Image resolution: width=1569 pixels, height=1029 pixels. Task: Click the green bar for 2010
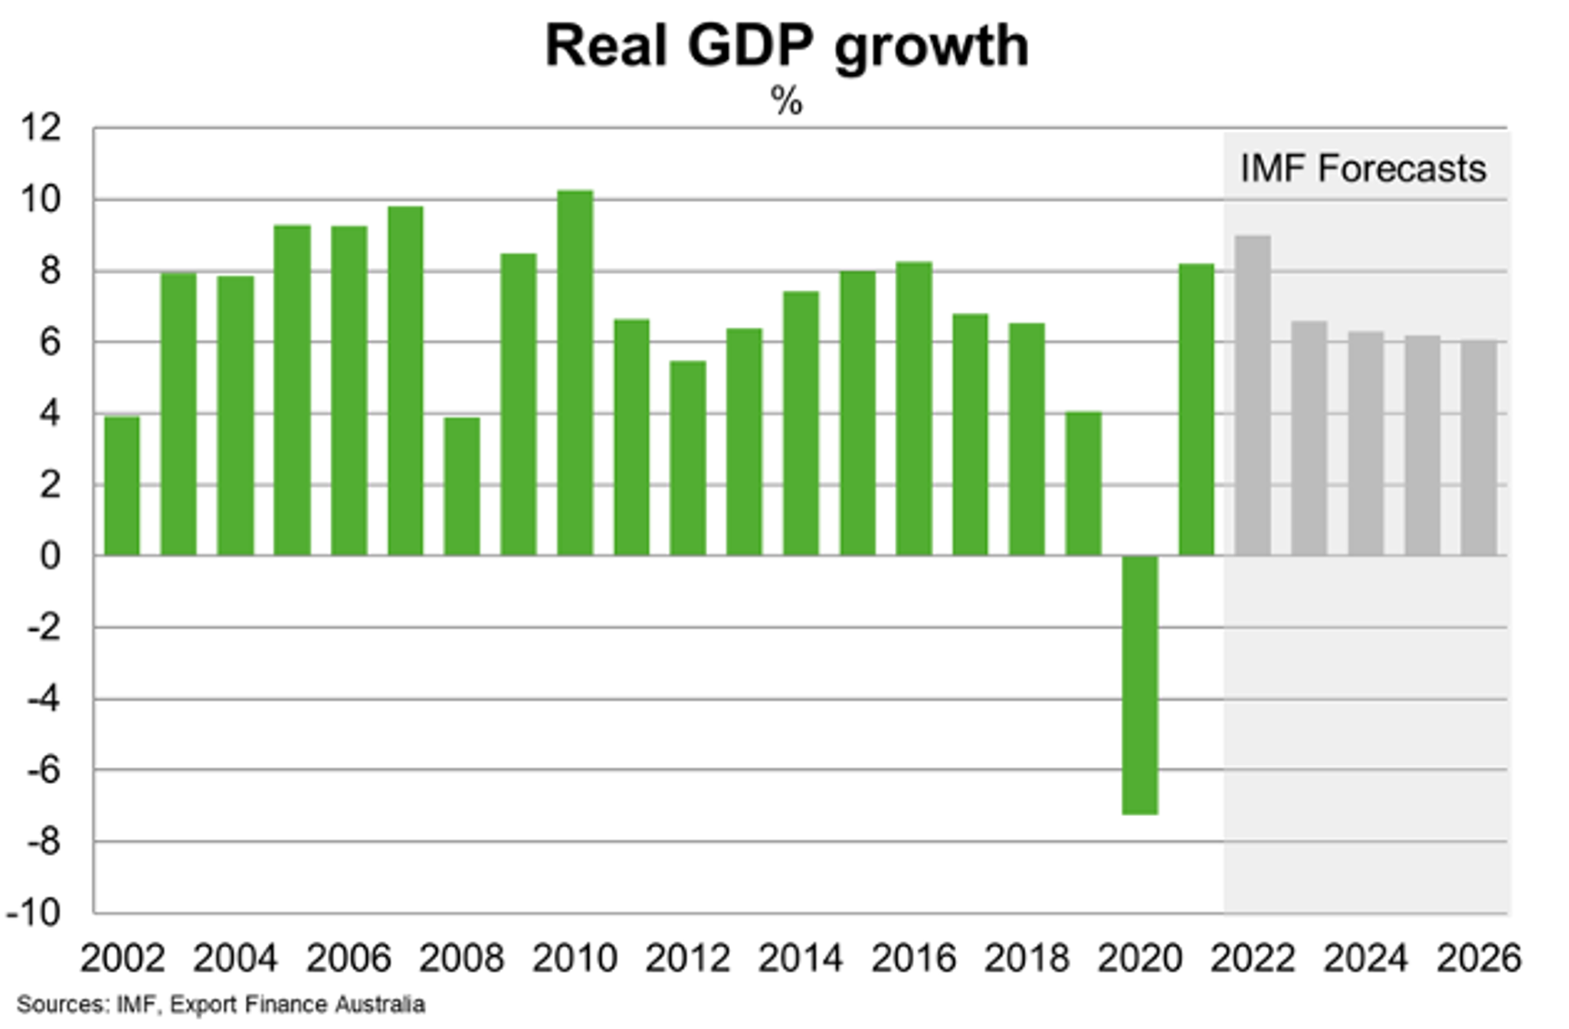(575, 373)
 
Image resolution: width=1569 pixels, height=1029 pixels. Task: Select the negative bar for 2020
(1140, 684)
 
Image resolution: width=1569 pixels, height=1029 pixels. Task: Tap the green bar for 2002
(122, 486)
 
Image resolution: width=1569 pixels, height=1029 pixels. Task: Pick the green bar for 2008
(462, 487)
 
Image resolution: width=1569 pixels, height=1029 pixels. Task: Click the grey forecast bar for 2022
(1253, 396)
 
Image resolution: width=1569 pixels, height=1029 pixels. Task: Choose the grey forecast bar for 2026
(1479, 449)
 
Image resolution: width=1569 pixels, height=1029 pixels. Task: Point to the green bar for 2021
(1196, 410)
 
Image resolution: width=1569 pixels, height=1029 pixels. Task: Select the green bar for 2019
(1083, 484)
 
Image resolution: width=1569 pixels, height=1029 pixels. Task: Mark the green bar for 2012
(688, 458)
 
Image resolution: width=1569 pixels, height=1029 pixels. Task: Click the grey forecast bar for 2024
(1366, 444)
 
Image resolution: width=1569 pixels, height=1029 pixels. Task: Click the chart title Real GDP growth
(787, 46)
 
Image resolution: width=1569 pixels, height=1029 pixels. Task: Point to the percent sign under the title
(787, 101)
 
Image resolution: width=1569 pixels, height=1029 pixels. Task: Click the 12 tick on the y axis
(40, 128)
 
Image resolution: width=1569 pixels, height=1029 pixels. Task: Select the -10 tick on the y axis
(34, 913)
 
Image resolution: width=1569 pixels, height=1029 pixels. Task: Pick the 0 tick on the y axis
(50, 557)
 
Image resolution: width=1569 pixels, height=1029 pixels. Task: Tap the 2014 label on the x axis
(801, 959)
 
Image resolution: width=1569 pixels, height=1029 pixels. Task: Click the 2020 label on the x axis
(1140, 959)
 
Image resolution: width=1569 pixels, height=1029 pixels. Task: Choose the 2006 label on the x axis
(349, 959)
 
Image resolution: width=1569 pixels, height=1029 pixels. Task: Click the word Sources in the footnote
(61, 1004)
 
